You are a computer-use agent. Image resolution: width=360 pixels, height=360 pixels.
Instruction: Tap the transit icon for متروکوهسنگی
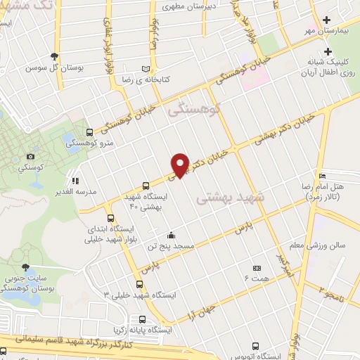89,131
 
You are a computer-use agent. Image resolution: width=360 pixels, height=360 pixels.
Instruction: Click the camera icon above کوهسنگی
30,156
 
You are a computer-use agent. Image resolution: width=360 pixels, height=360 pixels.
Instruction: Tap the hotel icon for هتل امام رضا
322,175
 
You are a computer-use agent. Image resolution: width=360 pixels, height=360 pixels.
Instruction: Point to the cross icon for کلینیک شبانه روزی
328,51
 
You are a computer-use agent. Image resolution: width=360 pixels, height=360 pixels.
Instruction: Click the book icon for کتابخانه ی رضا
146,68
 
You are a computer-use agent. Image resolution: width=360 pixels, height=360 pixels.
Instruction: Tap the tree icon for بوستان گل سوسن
55,57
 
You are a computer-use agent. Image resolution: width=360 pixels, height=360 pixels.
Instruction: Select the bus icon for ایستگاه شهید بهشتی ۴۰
145,186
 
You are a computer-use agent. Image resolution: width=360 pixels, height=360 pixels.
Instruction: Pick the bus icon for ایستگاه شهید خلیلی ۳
139,285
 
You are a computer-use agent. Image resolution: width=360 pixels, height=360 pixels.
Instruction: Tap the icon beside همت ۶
257,268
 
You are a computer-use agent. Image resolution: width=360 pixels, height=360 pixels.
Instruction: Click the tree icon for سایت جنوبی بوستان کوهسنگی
26,267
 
